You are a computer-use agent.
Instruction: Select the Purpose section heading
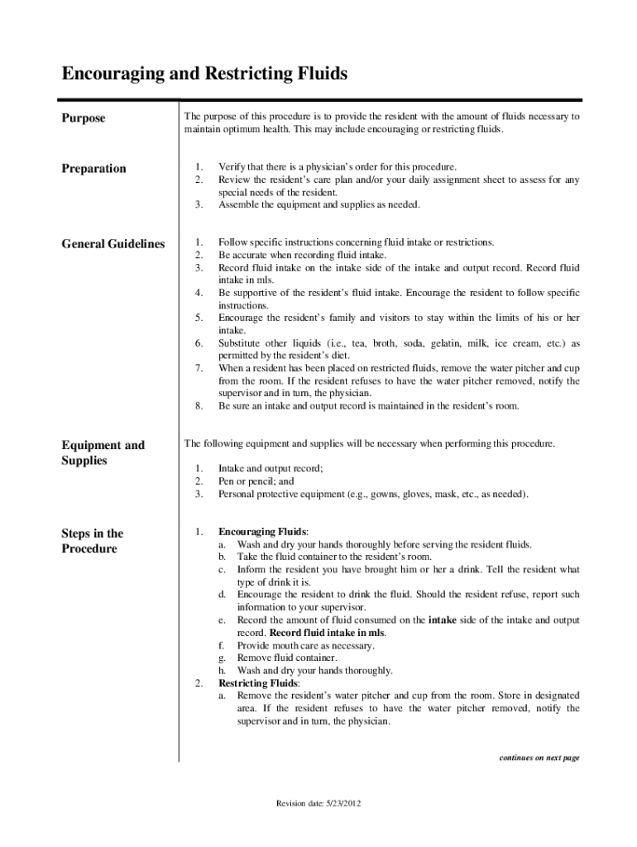click(x=84, y=118)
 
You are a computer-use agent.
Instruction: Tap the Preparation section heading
click(x=93, y=169)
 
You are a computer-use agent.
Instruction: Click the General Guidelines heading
click(x=113, y=244)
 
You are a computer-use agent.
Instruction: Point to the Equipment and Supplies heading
click(x=103, y=452)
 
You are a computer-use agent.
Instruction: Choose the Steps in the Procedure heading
click(x=92, y=541)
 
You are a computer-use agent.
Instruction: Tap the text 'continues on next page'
click(x=538, y=757)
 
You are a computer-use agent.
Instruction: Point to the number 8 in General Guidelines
click(x=199, y=406)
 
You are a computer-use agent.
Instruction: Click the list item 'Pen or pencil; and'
click(x=256, y=481)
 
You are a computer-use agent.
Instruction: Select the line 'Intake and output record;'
click(x=271, y=468)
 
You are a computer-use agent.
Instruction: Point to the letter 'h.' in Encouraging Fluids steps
click(x=223, y=671)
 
